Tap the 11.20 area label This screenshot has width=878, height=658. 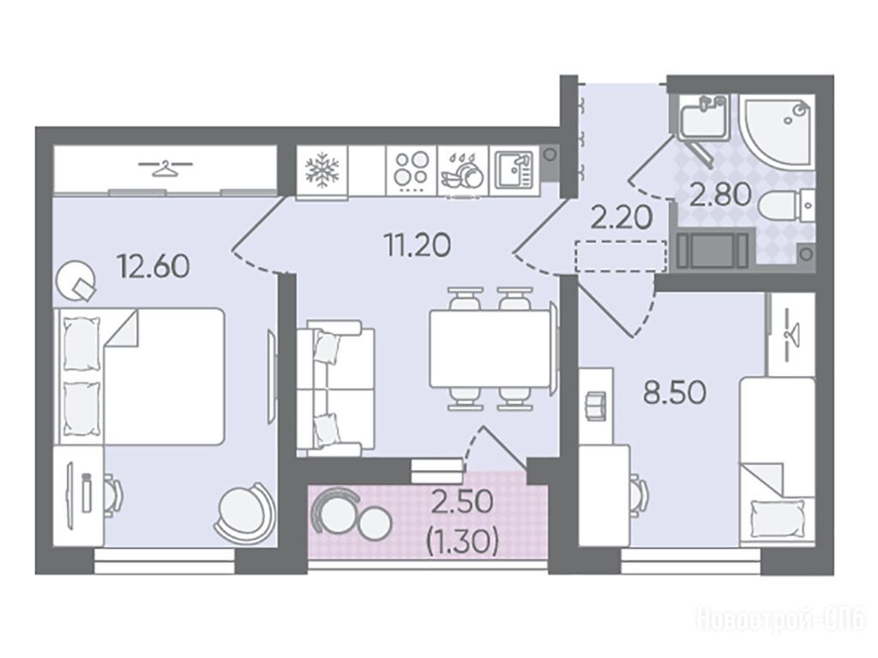pyautogui.click(x=418, y=244)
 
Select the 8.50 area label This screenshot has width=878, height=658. pyautogui.click(x=674, y=392)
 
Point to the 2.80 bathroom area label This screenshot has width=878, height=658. pyautogui.click(x=720, y=196)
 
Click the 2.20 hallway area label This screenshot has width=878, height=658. pyautogui.click(x=622, y=218)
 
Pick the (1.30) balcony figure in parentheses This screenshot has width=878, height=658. pyautogui.click(x=462, y=541)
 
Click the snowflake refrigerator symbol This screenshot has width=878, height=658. pyautogui.click(x=322, y=170)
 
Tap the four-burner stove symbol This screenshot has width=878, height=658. pyautogui.click(x=412, y=170)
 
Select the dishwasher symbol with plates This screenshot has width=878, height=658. pyautogui.click(x=462, y=171)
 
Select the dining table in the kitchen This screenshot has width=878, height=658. pyautogui.click(x=490, y=348)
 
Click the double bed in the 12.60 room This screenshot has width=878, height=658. pyautogui.click(x=140, y=376)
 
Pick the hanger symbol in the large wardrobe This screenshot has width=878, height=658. pyautogui.click(x=165, y=167)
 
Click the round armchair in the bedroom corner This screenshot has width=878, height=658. pyautogui.click(x=244, y=511)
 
